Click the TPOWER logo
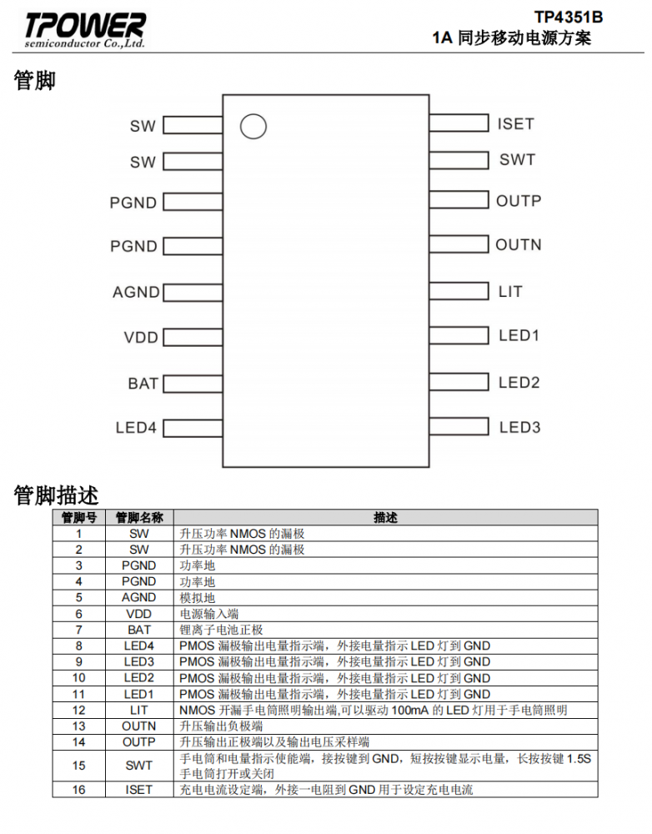click(84, 30)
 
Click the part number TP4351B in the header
click(569, 17)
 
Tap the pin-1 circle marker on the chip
click(253, 127)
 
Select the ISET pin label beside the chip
click(515, 124)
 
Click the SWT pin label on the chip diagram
click(517, 159)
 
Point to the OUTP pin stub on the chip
click(459, 200)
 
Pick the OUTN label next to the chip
click(519, 244)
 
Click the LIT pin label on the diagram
click(510, 291)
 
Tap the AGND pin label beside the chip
click(136, 292)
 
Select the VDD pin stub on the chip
click(193, 337)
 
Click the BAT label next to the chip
click(143, 384)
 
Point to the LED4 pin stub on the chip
click(193, 428)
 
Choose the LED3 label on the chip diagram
click(519, 427)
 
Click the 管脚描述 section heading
click(56, 495)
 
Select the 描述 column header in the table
click(385, 518)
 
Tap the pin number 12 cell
click(78, 710)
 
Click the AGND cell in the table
click(138, 597)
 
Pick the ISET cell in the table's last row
click(138, 790)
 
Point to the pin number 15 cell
click(78, 766)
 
